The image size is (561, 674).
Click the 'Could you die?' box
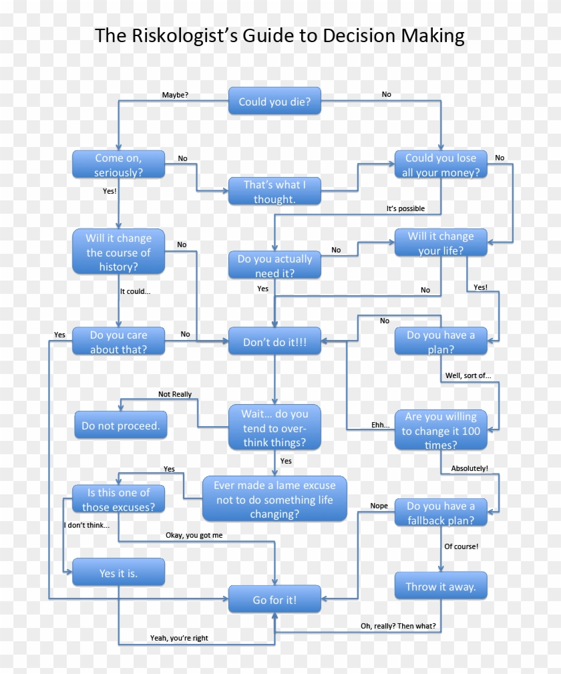click(274, 101)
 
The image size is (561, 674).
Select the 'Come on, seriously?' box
click(118, 165)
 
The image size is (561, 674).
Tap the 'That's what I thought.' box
click(274, 192)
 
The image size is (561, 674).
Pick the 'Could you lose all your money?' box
click(440, 165)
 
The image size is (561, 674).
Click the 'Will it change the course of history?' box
click(118, 252)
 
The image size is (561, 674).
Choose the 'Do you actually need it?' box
click(274, 266)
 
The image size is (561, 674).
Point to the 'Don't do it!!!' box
click(274, 341)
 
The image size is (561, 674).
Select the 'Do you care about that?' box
click(118, 341)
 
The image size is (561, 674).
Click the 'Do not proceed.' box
click(120, 426)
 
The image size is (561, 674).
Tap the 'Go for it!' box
click(274, 600)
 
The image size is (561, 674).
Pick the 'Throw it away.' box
click(440, 586)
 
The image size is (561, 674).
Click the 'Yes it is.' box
click(118, 573)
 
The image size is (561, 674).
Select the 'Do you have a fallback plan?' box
click(440, 513)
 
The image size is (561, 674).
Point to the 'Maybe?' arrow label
click(175, 95)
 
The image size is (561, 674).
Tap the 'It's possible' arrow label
click(405, 208)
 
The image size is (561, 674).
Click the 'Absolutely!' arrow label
click(470, 468)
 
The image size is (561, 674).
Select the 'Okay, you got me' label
click(194, 535)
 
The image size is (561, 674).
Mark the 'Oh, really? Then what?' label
click(398, 626)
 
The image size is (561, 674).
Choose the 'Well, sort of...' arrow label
click(468, 375)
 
